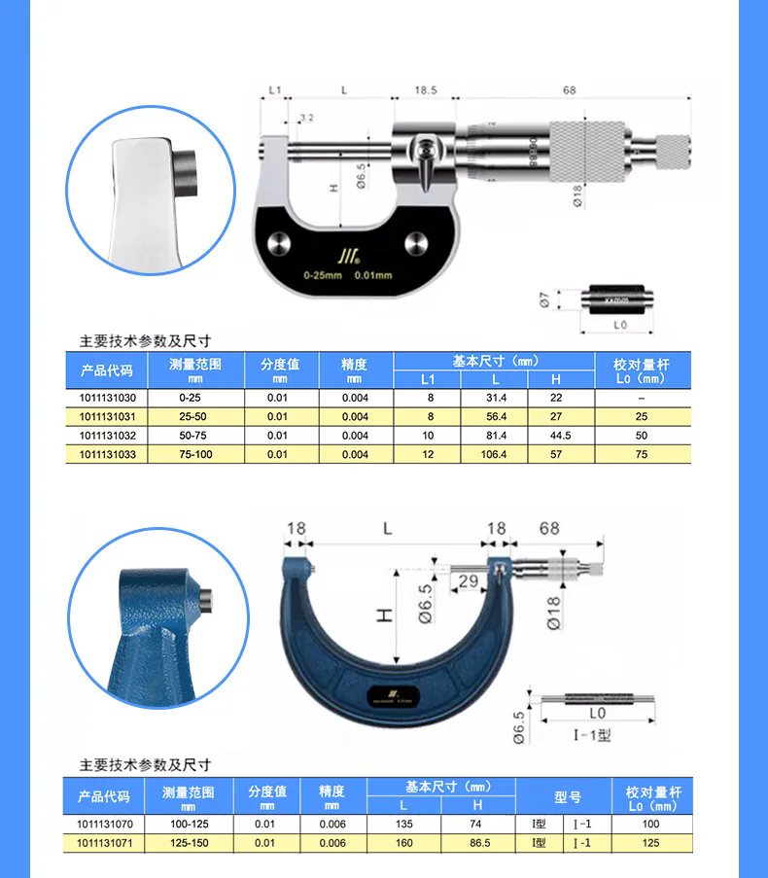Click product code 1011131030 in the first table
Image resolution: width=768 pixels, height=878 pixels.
(107, 398)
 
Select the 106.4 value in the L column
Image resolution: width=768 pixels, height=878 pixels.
(495, 454)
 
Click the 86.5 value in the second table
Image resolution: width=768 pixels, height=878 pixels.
(477, 843)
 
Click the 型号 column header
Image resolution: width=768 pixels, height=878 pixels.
(567, 796)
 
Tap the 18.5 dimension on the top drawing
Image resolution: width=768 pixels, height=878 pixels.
(425, 90)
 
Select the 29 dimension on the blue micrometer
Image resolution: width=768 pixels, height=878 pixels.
(467, 580)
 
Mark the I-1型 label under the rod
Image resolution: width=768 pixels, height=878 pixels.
(592, 736)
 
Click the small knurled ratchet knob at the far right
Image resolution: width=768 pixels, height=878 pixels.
(671, 152)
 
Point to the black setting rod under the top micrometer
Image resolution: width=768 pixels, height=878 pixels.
(614, 300)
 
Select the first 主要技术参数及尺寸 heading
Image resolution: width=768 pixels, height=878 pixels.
(145, 341)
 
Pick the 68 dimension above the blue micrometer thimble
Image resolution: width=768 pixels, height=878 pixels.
(549, 528)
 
